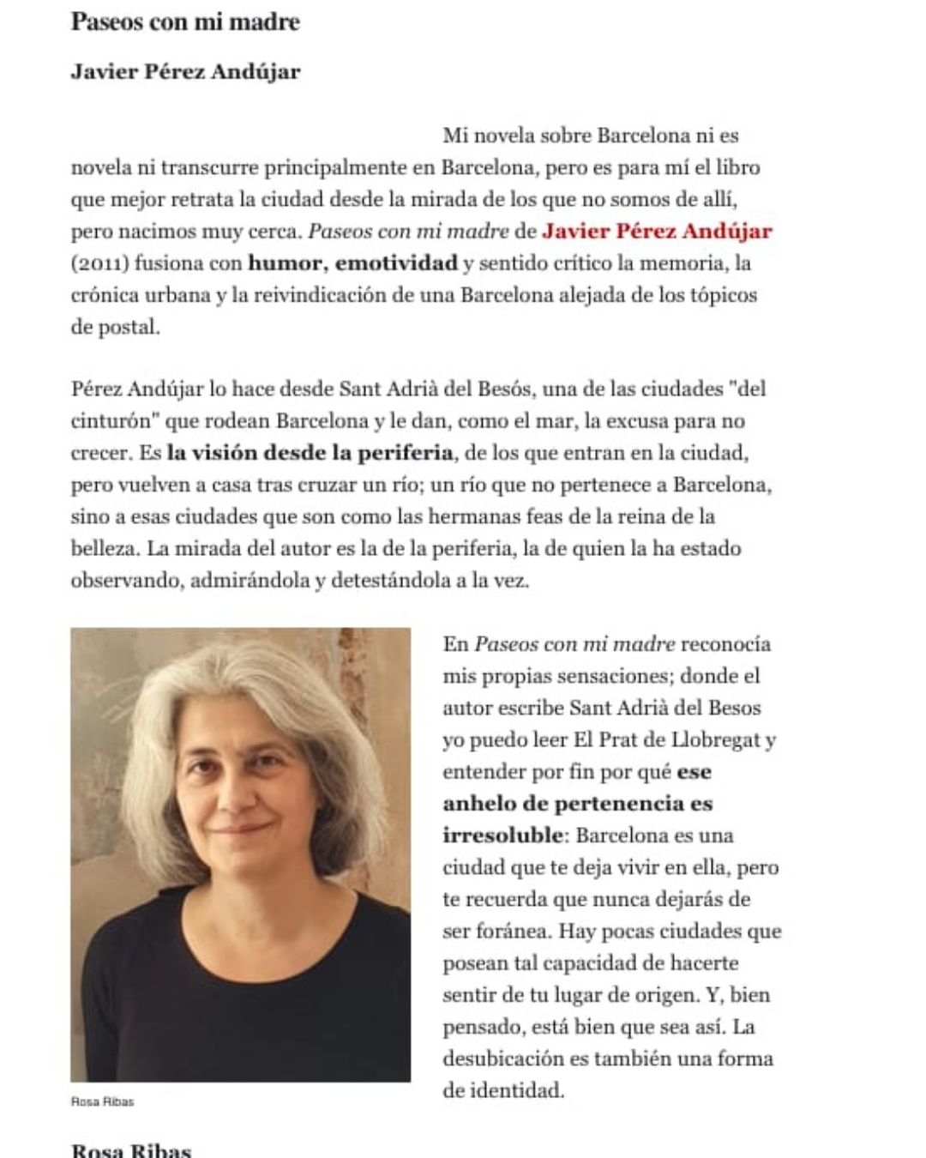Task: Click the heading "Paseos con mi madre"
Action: [x=184, y=21]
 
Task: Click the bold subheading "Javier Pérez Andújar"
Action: [x=185, y=71]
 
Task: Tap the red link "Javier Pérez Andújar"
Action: [x=657, y=231]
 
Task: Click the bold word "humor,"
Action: [x=287, y=262]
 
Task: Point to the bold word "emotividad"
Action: [x=396, y=262]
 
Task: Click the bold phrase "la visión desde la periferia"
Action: [x=310, y=452]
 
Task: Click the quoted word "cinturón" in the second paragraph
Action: [x=111, y=420]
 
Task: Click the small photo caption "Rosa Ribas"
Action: [x=102, y=1101]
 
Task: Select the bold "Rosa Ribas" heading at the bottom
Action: [x=130, y=1149]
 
